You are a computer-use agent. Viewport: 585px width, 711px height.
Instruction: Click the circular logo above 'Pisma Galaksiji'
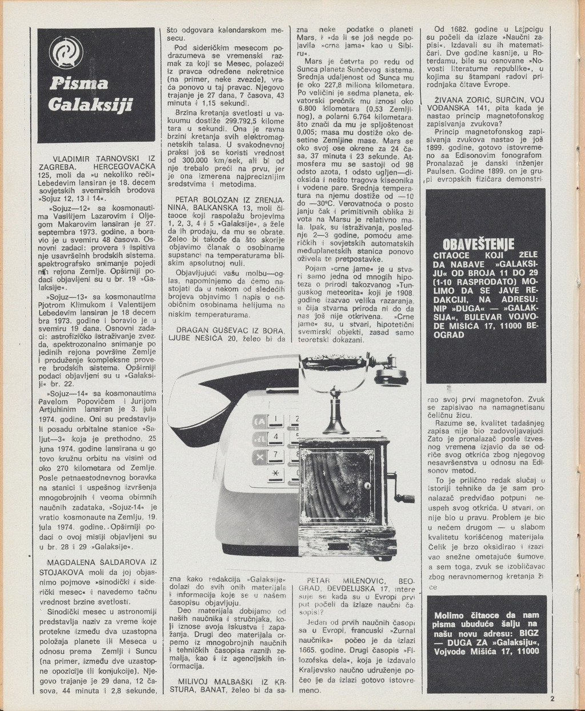[x=62, y=55]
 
